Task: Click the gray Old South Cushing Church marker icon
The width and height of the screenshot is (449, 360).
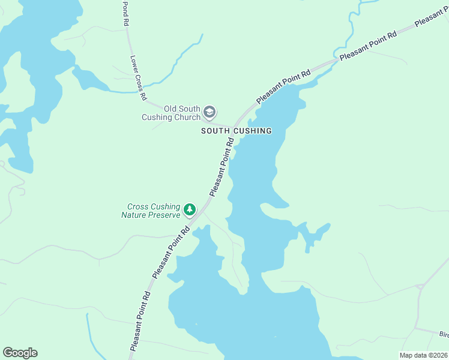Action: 209,112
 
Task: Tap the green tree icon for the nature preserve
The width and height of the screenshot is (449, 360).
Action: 190,209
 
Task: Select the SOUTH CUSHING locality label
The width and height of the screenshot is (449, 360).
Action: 236,131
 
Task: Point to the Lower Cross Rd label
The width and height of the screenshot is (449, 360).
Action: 139,78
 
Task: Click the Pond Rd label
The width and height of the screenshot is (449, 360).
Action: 126,13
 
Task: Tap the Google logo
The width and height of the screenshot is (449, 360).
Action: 20,353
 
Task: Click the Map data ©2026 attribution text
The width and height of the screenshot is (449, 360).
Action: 424,355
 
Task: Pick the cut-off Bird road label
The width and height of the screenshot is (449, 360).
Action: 444,334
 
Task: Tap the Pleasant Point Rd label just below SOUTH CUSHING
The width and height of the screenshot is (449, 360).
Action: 221,166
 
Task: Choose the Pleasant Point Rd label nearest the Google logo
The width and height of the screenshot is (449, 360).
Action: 139,322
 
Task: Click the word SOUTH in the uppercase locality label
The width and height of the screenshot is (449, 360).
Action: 215,131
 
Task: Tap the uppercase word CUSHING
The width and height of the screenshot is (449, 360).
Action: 252,131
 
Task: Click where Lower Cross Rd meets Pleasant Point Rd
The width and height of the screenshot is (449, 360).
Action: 232,127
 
